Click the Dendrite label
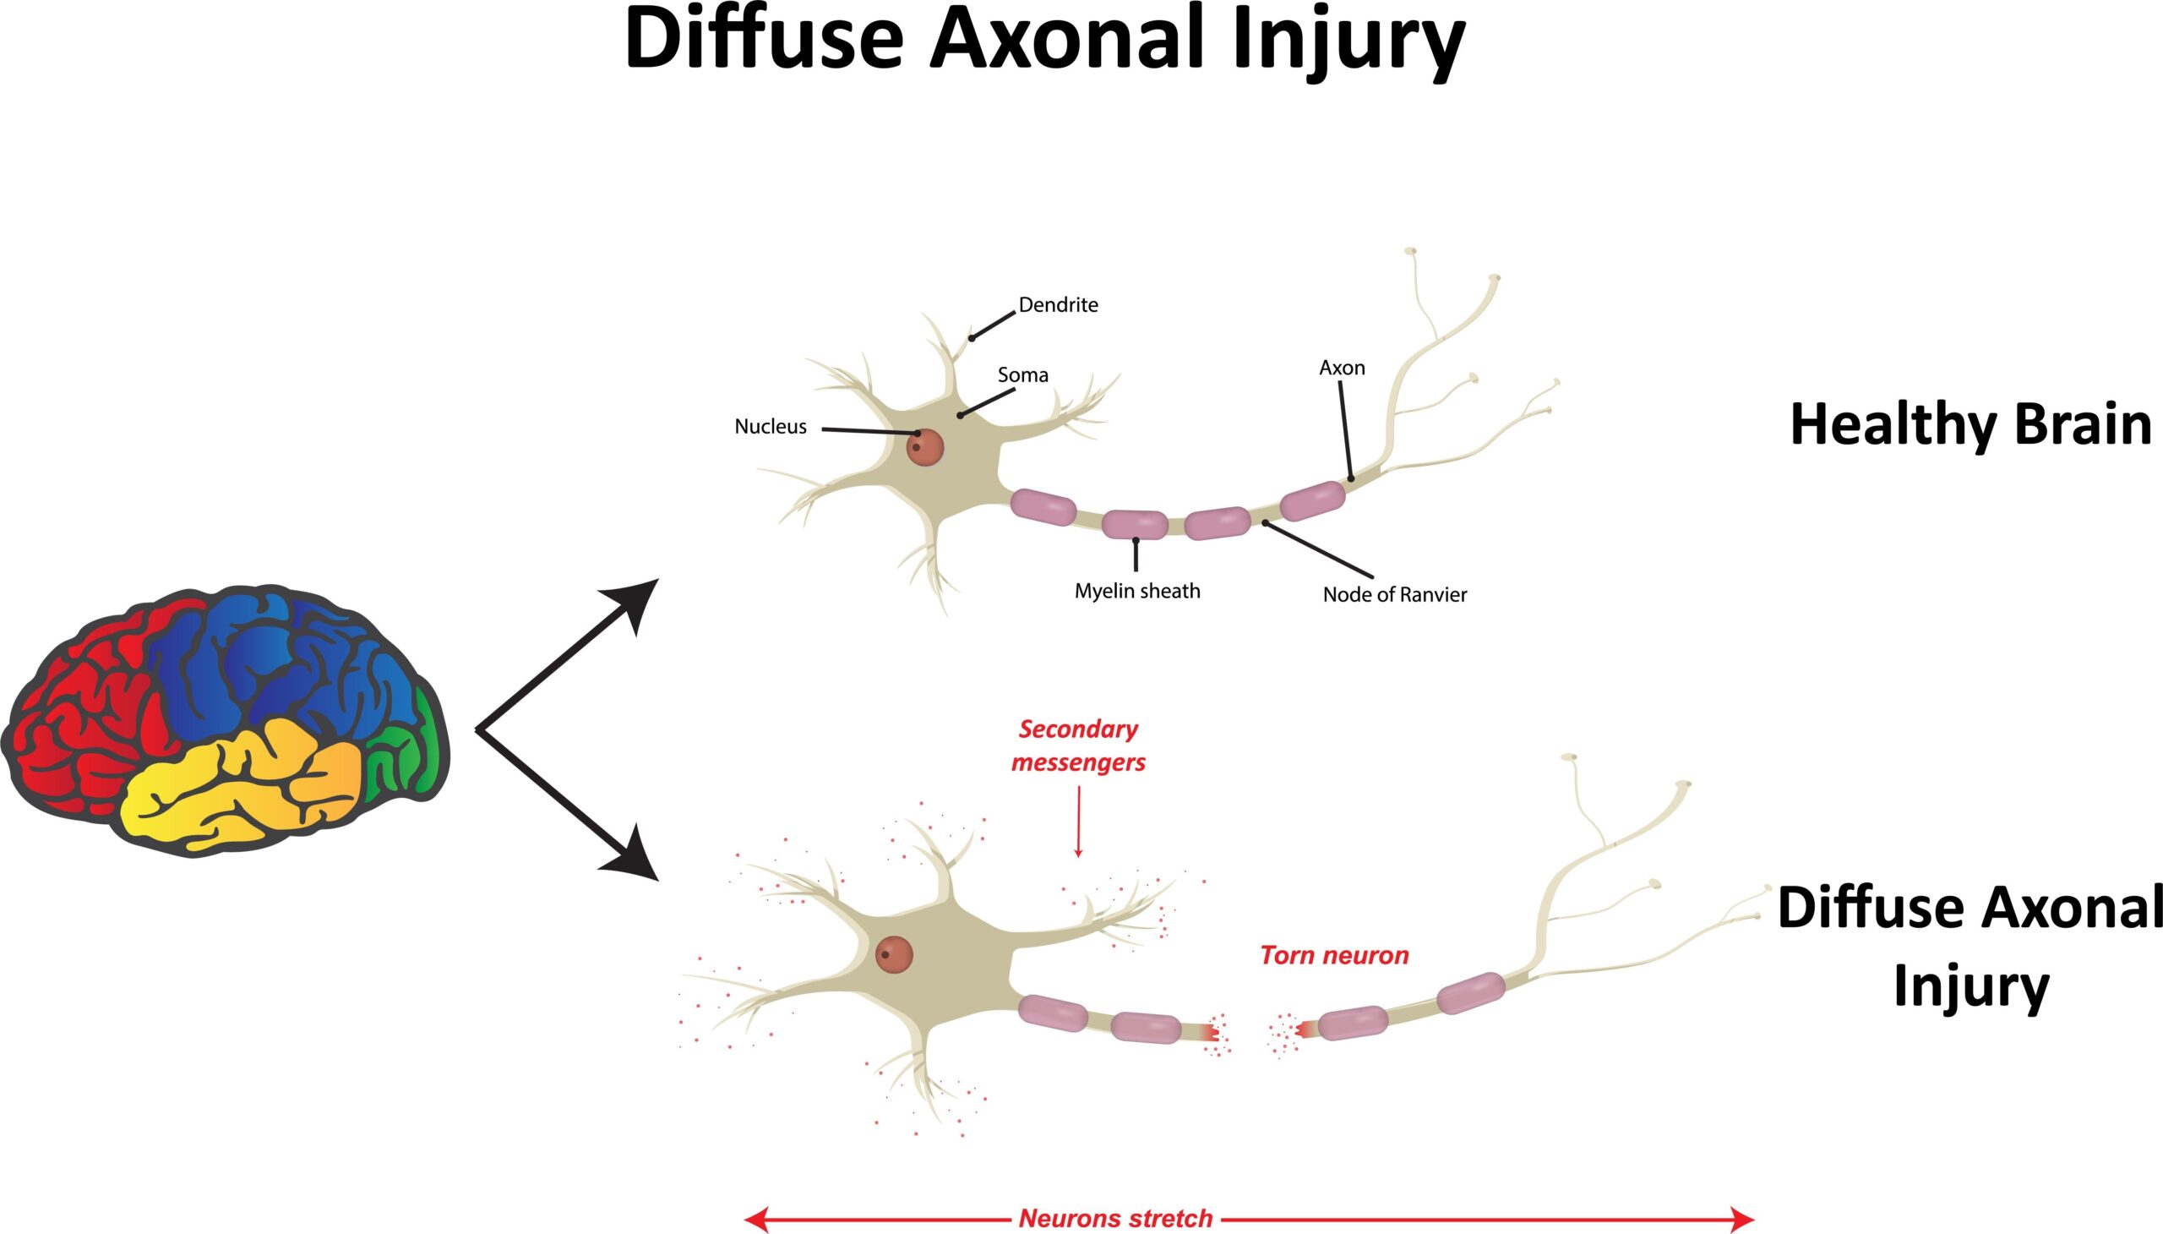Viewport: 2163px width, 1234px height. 1057,305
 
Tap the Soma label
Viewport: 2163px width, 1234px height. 1022,374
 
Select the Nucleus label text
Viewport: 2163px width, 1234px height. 770,426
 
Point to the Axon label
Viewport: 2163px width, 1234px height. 1342,368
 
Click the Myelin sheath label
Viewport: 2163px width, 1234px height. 1137,591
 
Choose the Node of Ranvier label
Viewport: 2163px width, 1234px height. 1395,595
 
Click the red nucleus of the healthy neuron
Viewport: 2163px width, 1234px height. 924,446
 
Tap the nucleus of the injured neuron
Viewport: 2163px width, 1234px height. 894,955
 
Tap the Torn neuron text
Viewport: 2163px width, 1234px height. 1333,956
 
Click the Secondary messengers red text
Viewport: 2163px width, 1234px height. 1077,745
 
